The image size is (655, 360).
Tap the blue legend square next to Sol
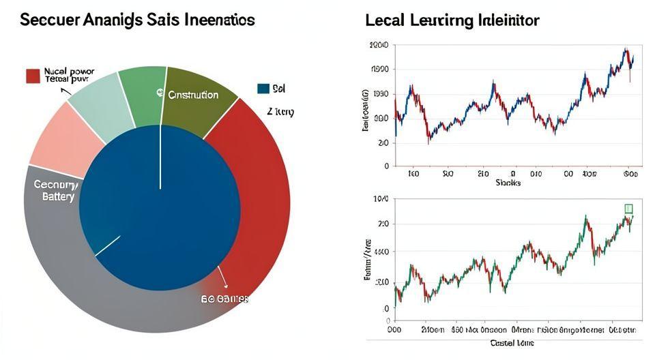(x=263, y=89)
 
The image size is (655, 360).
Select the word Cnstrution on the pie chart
(x=193, y=95)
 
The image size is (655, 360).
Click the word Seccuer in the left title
(x=49, y=20)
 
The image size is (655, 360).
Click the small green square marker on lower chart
(x=628, y=209)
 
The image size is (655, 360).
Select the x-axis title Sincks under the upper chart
(x=508, y=183)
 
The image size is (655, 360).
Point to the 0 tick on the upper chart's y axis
(x=386, y=166)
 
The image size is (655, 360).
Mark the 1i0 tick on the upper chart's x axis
(x=413, y=174)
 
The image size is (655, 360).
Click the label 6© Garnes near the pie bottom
(x=224, y=299)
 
